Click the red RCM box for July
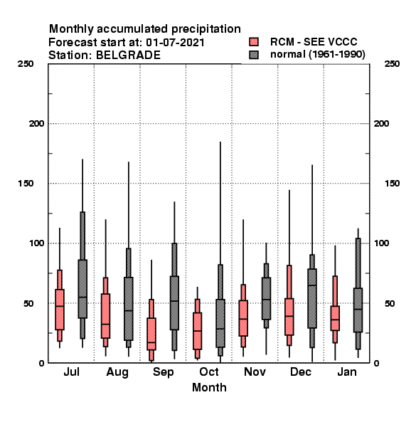[x=60, y=310]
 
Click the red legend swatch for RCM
[x=254, y=42]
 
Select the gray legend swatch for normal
[x=254, y=55]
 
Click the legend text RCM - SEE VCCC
[x=314, y=42]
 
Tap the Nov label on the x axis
[x=255, y=371]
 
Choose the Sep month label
[x=163, y=372]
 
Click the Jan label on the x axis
[x=346, y=371]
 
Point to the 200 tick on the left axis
[x=36, y=124]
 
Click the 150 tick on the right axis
[x=392, y=184]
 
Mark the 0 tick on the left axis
[x=41, y=363]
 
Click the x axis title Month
[x=209, y=388]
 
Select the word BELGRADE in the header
[x=128, y=56]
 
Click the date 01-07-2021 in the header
[x=175, y=43]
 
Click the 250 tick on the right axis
[x=392, y=64]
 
